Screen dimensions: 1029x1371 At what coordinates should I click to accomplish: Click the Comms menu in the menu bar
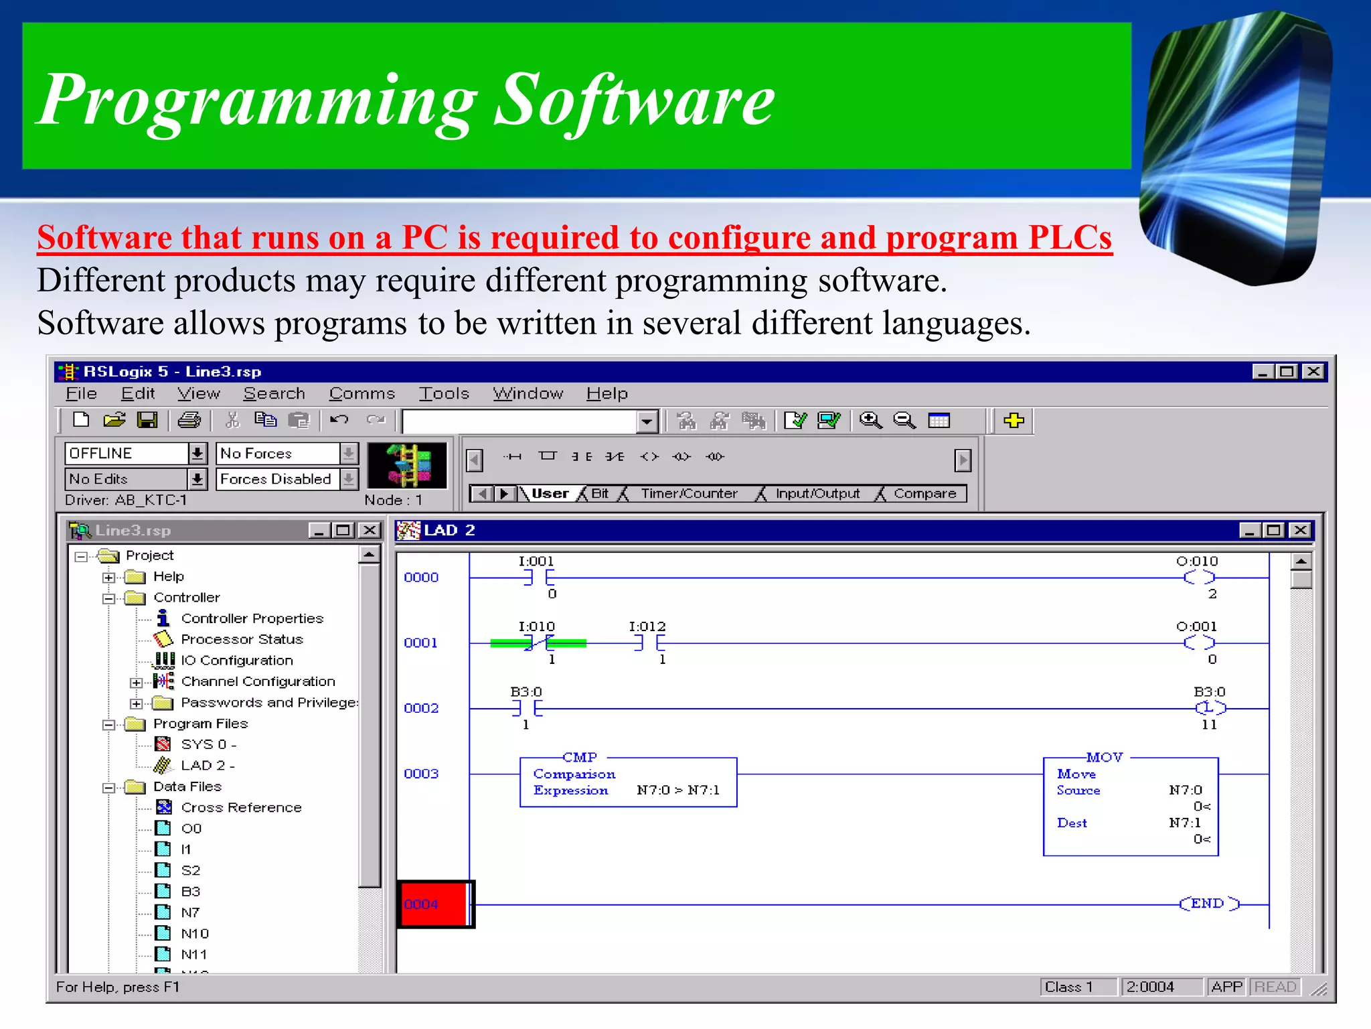point(361,394)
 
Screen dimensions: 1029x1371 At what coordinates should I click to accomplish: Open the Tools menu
point(444,394)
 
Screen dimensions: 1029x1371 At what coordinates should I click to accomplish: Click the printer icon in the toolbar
point(189,421)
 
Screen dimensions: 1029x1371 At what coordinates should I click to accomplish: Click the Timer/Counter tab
point(689,494)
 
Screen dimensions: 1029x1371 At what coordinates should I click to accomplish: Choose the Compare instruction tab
point(924,494)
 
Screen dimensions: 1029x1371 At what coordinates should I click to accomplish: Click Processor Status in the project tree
point(242,639)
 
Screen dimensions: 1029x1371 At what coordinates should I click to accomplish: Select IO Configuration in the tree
point(236,661)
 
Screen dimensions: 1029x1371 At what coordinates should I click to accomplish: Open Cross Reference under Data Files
point(241,807)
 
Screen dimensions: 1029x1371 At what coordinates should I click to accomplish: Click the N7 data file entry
point(189,912)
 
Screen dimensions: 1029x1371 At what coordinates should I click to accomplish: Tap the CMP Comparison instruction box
point(628,782)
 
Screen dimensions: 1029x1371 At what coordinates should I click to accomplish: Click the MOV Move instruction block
point(1130,807)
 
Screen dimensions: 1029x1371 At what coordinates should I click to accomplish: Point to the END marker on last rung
point(1208,904)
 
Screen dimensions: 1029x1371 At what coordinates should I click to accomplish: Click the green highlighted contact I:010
point(538,643)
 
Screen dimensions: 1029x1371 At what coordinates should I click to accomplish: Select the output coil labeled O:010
point(1198,577)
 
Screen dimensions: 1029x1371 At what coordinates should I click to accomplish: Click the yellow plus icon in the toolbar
point(1014,421)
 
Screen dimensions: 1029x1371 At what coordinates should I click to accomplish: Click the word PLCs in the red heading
point(1070,238)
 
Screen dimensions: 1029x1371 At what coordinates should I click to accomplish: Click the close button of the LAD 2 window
point(1300,531)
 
